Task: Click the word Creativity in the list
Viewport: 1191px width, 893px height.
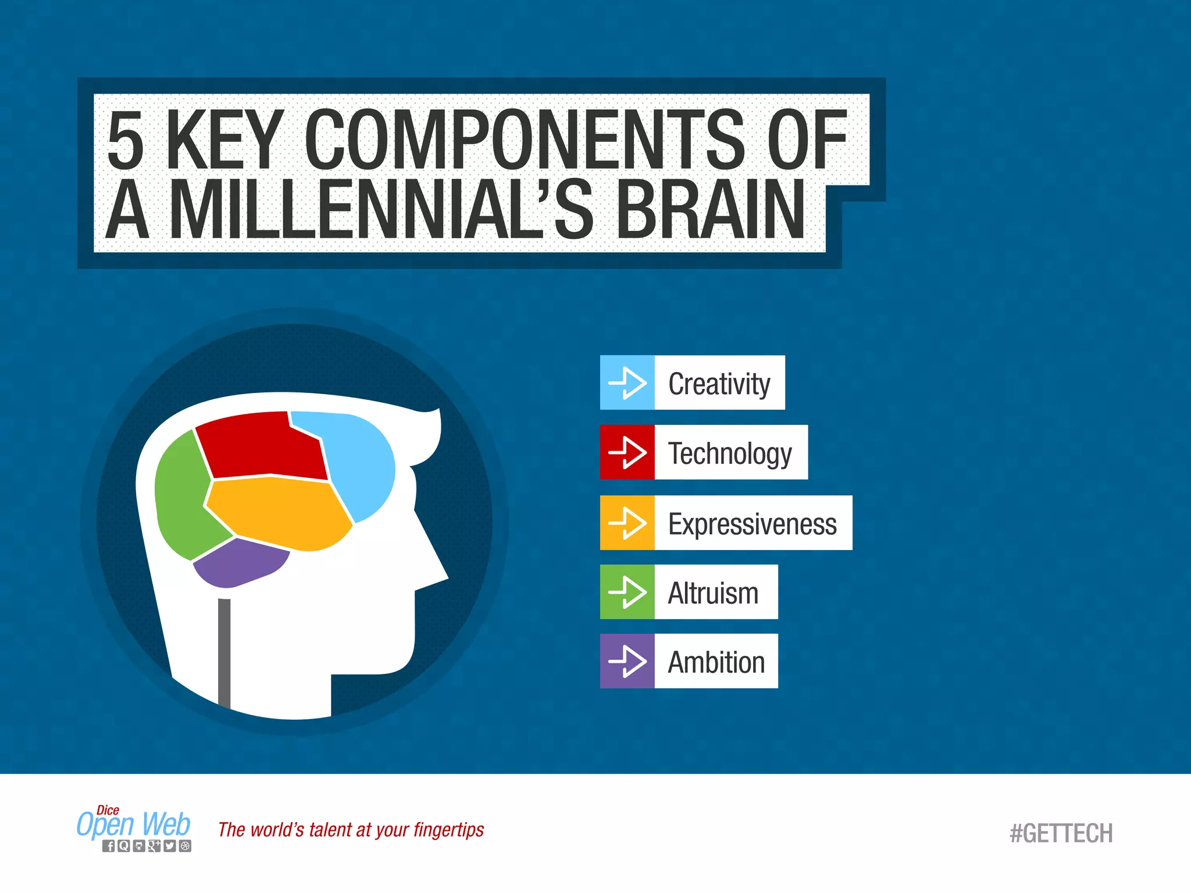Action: coord(719,384)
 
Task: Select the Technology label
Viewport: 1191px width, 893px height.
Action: coord(730,453)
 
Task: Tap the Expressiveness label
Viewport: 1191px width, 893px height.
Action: coord(753,523)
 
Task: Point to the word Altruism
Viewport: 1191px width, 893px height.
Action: coord(714,592)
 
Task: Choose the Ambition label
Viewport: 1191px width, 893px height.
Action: coord(716,662)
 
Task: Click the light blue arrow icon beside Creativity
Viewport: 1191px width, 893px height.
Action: coord(627,383)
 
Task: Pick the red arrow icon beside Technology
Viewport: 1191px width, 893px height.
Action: coord(627,452)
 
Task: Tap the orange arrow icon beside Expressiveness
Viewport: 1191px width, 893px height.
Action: coord(627,523)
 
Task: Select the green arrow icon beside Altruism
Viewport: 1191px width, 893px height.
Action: coord(627,592)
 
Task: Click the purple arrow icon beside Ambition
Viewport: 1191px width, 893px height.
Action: coord(627,662)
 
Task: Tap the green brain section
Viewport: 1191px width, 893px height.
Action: coord(180,500)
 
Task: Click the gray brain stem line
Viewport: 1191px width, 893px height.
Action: coord(224,651)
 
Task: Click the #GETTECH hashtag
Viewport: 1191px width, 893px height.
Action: coord(1061,833)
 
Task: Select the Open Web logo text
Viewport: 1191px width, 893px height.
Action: coord(134,825)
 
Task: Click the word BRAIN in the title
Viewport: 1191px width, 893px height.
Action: coord(711,209)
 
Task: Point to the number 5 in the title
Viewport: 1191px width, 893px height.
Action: coord(126,140)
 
